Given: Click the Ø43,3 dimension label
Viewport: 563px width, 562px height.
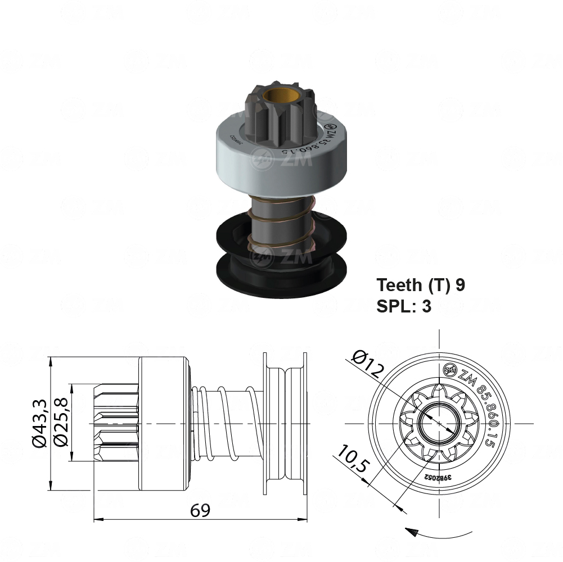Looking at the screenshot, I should [x=39, y=423].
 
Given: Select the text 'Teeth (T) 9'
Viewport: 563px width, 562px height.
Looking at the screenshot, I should [x=421, y=285].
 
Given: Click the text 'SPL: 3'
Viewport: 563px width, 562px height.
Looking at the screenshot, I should [x=403, y=306].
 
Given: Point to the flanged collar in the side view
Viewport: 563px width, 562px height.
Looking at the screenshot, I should [x=284, y=423].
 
